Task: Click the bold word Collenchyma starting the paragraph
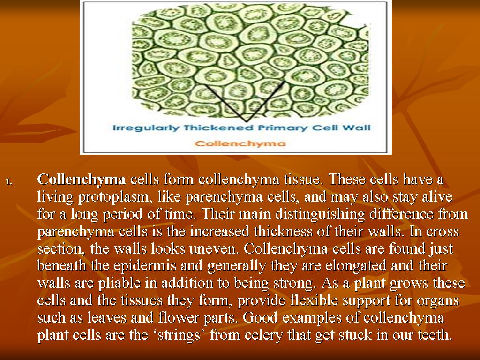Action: pyautogui.click(x=82, y=180)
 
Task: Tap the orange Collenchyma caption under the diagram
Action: pyautogui.click(x=240, y=143)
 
